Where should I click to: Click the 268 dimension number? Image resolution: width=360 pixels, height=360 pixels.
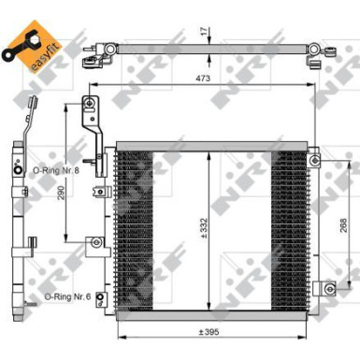[x=343, y=225]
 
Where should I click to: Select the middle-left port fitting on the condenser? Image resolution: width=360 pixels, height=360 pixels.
[x=94, y=245]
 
